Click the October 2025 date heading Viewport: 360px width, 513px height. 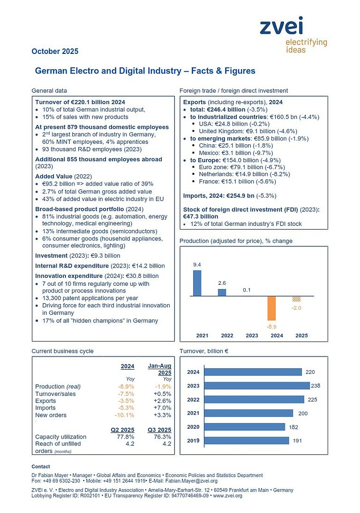click(x=55, y=52)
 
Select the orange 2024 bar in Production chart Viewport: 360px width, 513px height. click(x=271, y=308)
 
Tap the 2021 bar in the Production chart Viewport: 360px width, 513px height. click(x=197, y=283)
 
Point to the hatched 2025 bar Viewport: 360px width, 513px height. click(x=296, y=299)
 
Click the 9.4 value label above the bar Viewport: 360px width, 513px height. click(x=197, y=265)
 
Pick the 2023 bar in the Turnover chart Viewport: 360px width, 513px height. click(x=257, y=386)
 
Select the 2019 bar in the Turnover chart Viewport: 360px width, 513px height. click(x=247, y=440)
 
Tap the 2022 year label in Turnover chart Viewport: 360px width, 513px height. click(x=193, y=400)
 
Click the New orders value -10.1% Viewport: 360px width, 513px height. click(x=125, y=415)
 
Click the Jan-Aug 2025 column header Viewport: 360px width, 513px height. click(x=160, y=369)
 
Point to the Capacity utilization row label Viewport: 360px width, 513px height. click(x=60, y=437)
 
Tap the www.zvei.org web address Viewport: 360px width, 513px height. click(x=228, y=496)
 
